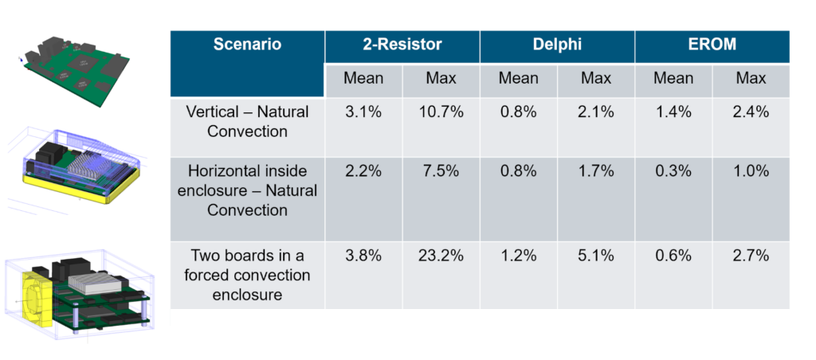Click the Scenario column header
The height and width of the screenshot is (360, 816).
247,45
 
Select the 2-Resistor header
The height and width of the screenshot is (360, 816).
402,45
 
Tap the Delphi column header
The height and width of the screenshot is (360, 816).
557,45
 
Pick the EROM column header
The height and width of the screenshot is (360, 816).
712,45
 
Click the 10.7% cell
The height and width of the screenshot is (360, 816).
441,112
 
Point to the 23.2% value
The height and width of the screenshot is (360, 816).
441,256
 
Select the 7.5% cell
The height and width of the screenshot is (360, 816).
441,171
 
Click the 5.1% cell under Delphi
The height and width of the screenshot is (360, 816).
596,256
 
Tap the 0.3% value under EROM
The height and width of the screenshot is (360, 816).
673,171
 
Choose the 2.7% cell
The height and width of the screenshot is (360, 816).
751,256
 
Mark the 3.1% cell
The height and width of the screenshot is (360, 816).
363,112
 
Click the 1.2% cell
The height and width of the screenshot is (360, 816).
518,256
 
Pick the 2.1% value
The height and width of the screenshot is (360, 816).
596,112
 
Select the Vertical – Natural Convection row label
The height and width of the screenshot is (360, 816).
247,122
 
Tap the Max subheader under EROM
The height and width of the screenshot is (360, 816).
751,79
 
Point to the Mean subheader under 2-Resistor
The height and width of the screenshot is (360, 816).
363,79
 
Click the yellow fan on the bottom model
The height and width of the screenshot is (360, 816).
37,299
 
